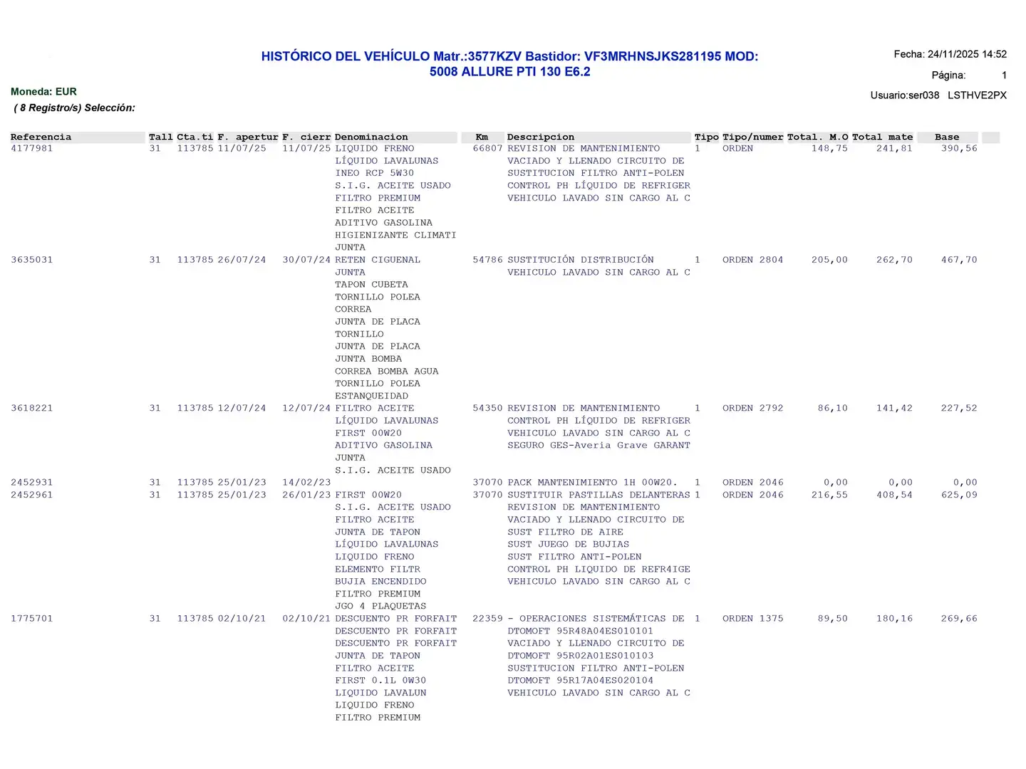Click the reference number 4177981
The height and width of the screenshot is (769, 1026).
32,149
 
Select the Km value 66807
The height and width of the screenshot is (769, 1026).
487,149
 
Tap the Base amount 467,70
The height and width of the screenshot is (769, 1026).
958,260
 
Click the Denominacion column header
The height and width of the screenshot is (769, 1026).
371,137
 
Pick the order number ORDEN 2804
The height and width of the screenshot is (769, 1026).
752,260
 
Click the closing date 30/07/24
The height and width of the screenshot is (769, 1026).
306,260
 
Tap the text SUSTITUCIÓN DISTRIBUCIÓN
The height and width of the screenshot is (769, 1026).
580,260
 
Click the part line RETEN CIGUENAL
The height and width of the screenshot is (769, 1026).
378,260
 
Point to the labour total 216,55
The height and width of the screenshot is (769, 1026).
829,495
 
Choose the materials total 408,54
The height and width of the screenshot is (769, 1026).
894,495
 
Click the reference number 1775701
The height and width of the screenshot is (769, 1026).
32,619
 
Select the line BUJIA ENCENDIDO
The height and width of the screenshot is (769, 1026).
380,582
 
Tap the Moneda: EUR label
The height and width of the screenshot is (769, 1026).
43,92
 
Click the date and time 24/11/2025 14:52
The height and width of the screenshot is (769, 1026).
967,54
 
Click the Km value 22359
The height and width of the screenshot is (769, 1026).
487,619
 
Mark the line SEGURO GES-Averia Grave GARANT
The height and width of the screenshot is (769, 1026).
598,446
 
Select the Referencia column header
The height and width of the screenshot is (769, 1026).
41,137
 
